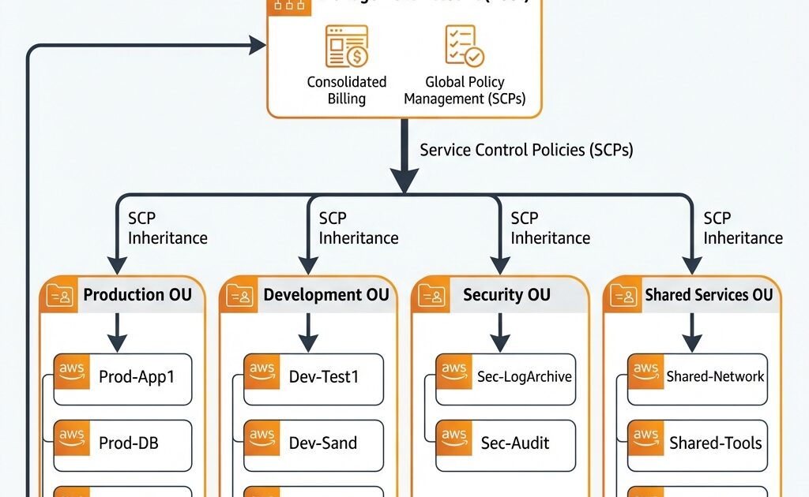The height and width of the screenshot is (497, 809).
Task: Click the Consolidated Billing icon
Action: pyautogui.click(x=346, y=47)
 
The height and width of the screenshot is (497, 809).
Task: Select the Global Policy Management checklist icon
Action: pyautogui.click(x=465, y=47)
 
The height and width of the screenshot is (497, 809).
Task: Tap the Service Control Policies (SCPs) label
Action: pyautogui.click(x=526, y=150)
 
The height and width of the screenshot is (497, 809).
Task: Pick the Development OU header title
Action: pyautogui.click(x=326, y=295)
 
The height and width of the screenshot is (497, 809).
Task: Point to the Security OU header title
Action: pyautogui.click(x=506, y=295)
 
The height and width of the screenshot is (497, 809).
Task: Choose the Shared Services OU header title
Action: pyautogui.click(x=709, y=295)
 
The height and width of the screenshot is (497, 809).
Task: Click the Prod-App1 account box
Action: pyautogui.click(x=123, y=378)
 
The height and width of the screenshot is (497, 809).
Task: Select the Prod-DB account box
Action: pyautogui.click(x=123, y=443)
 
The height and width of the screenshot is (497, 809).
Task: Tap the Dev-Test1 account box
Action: pyautogui.click(x=314, y=378)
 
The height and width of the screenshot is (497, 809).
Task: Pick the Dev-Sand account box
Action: pyautogui.click(x=314, y=443)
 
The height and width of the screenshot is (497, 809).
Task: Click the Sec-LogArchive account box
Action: pyautogui.click(x=504, y=378)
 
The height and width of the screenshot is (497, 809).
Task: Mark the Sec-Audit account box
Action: pyautogui.click(x=504, y=443)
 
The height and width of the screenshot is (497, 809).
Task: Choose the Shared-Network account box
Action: pyautogui.click(x=697, y=378)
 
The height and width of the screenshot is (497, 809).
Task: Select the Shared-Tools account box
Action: pyautogui.click(x=697, y=443)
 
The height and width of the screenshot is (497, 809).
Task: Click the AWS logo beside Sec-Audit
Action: pyautogui.click(x=454, y=439)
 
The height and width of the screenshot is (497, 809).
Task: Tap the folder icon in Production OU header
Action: pyautogui.click(x=59, y=296)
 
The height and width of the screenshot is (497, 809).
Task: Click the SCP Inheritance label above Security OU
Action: pyautogui.click(x=550, y=228)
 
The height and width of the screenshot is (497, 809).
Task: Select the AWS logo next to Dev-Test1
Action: pyautogui.click(x=262, y=372)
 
